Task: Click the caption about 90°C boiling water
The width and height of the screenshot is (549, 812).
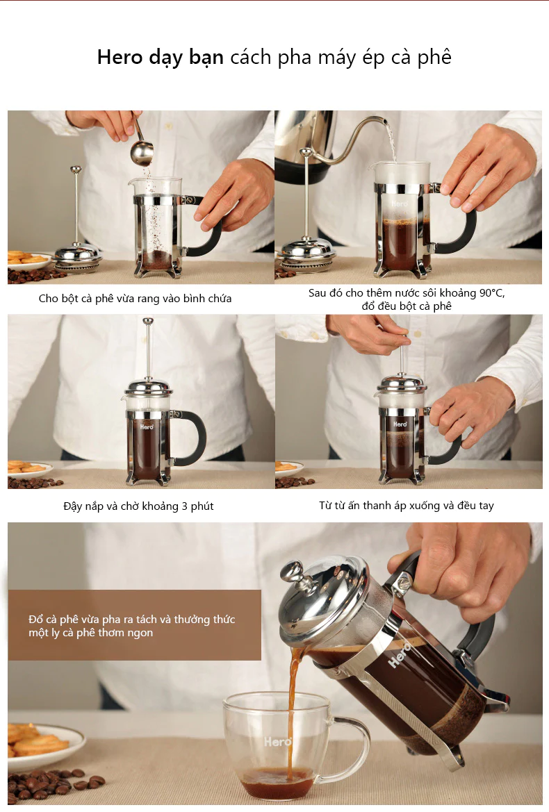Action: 407,299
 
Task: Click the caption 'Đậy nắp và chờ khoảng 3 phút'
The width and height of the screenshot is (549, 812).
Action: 138,506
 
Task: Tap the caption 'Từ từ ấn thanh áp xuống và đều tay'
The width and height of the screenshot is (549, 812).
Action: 407,506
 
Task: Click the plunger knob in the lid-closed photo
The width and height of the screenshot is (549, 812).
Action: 147,322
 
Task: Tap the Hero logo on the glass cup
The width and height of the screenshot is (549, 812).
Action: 277,742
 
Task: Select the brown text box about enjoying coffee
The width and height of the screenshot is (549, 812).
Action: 135,625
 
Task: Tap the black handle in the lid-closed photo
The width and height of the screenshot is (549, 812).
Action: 195,438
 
